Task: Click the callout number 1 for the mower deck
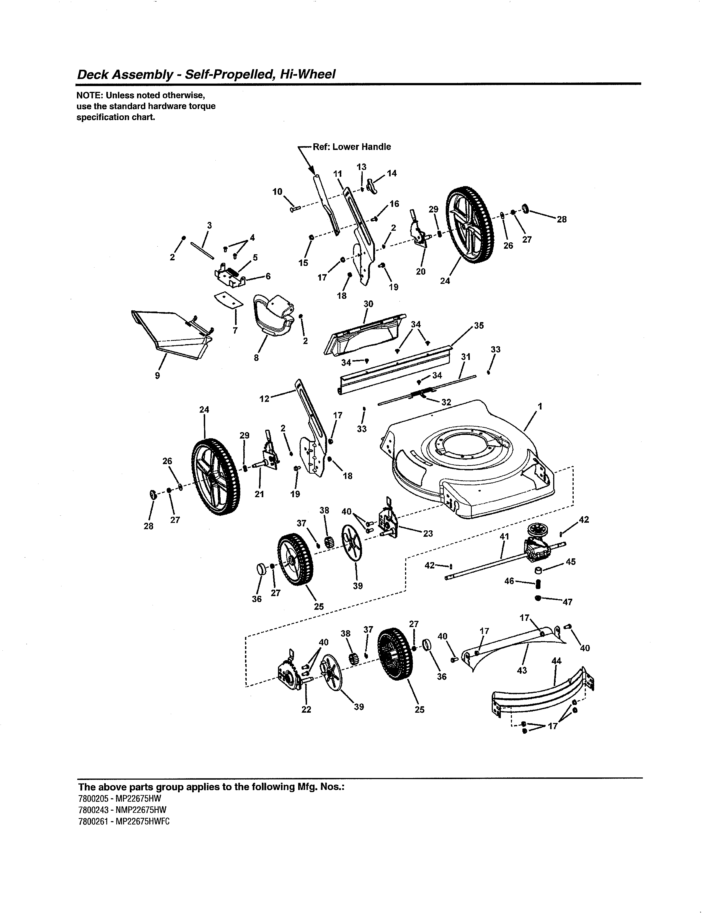540,406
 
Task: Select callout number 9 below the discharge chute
157,375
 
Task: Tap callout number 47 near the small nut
568,602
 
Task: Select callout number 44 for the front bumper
556,661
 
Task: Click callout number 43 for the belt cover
522,670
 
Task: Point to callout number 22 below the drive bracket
306,709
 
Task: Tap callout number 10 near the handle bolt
277,192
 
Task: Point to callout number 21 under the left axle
259,494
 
